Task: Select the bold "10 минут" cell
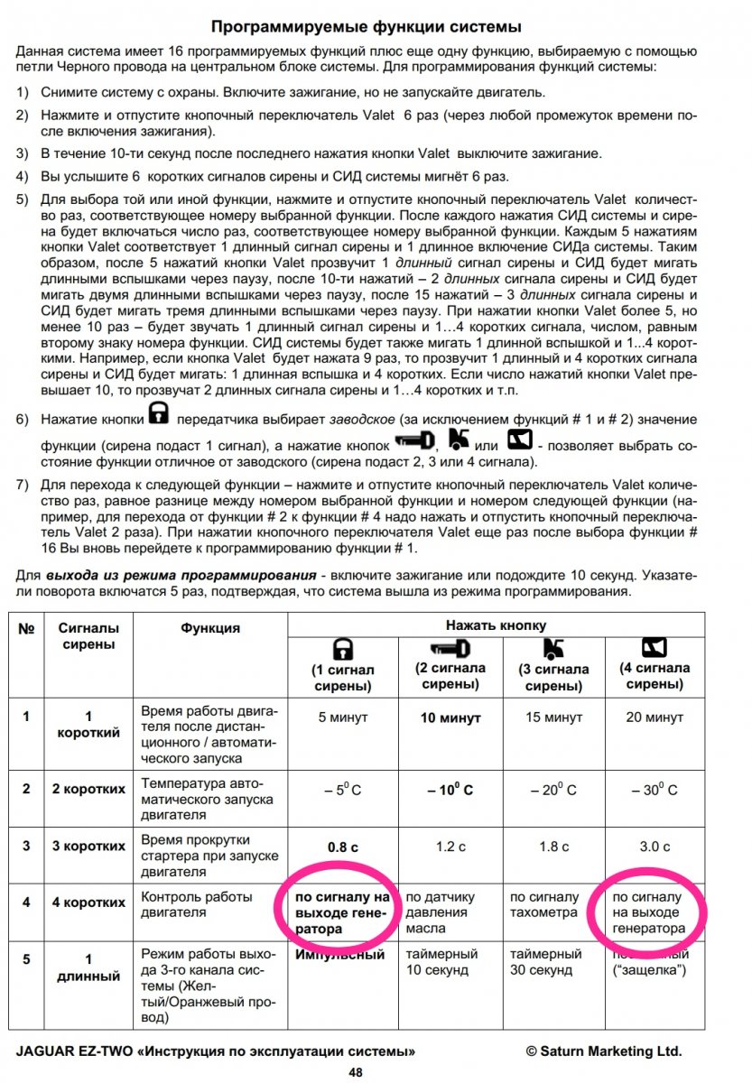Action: [x=449, y=718]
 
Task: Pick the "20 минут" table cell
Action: [x=655, y=718]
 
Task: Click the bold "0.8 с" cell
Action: [x=343, y=846]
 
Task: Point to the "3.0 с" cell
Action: [x=655, y=846]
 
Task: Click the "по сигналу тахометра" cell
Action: [x=544, y=905]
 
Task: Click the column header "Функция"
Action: [x=209, y=628]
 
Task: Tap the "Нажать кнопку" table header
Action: [x=496, y=625]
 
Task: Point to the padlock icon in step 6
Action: [x=159, y=414]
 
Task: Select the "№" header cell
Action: [x=25, y=628]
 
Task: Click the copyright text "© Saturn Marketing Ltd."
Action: [x=604, y=1051]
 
